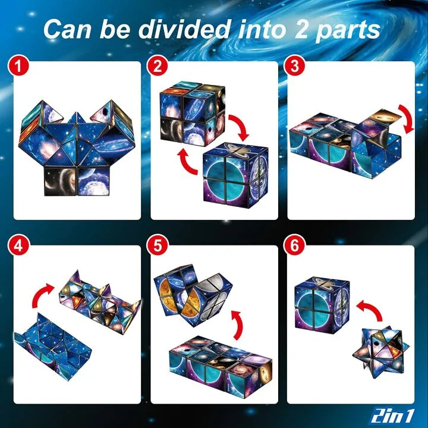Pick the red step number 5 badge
coord(158,245)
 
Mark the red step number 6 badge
coord(293,245)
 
